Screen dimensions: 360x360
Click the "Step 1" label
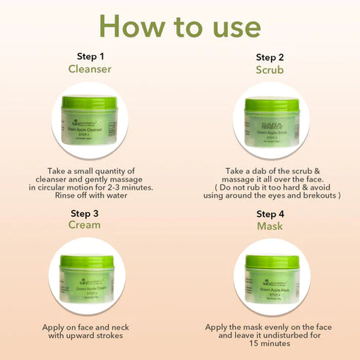click(x=91, y=56)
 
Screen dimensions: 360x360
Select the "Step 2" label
click(x=270, y=57)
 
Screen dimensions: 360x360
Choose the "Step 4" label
click(x=270, y=214)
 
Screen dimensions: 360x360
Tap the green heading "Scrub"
click(x=270, y=71)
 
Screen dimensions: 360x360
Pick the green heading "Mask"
click(x=270, y=227)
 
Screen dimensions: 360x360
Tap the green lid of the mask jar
click(x=271, y=262)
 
